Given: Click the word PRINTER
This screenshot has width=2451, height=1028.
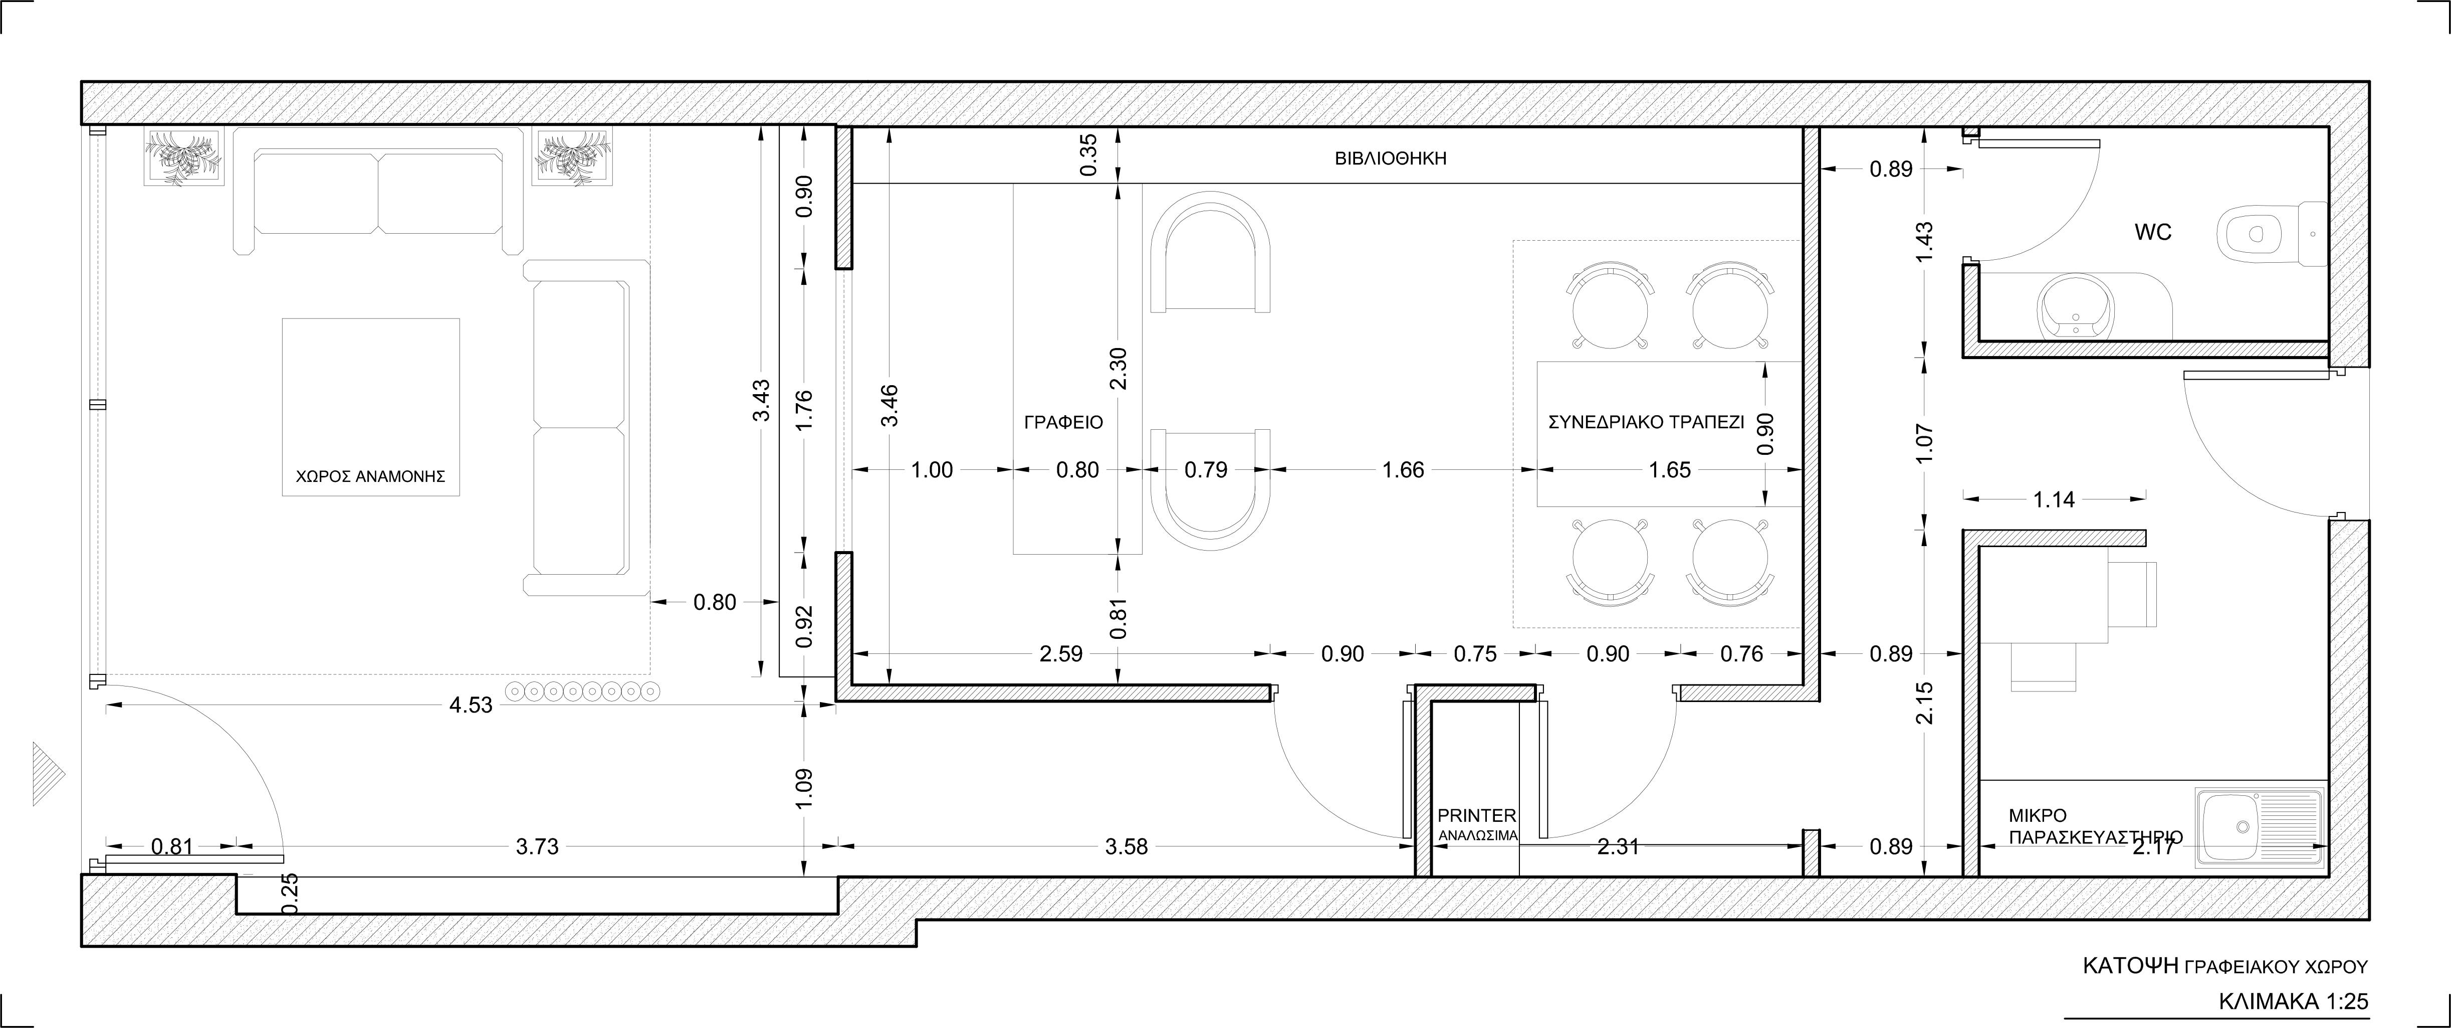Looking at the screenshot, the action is click(1477, 816).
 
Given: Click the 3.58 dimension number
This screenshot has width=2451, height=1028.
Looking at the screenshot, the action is click(1127, 846).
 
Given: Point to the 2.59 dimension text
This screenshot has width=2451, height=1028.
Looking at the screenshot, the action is click(1061, 654).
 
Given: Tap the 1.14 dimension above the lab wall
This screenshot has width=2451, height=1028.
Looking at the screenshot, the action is click(2053, 499).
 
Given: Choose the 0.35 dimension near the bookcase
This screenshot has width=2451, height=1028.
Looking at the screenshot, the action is click(1089, 154).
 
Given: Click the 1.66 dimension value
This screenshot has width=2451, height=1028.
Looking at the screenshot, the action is click(1404, 469).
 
